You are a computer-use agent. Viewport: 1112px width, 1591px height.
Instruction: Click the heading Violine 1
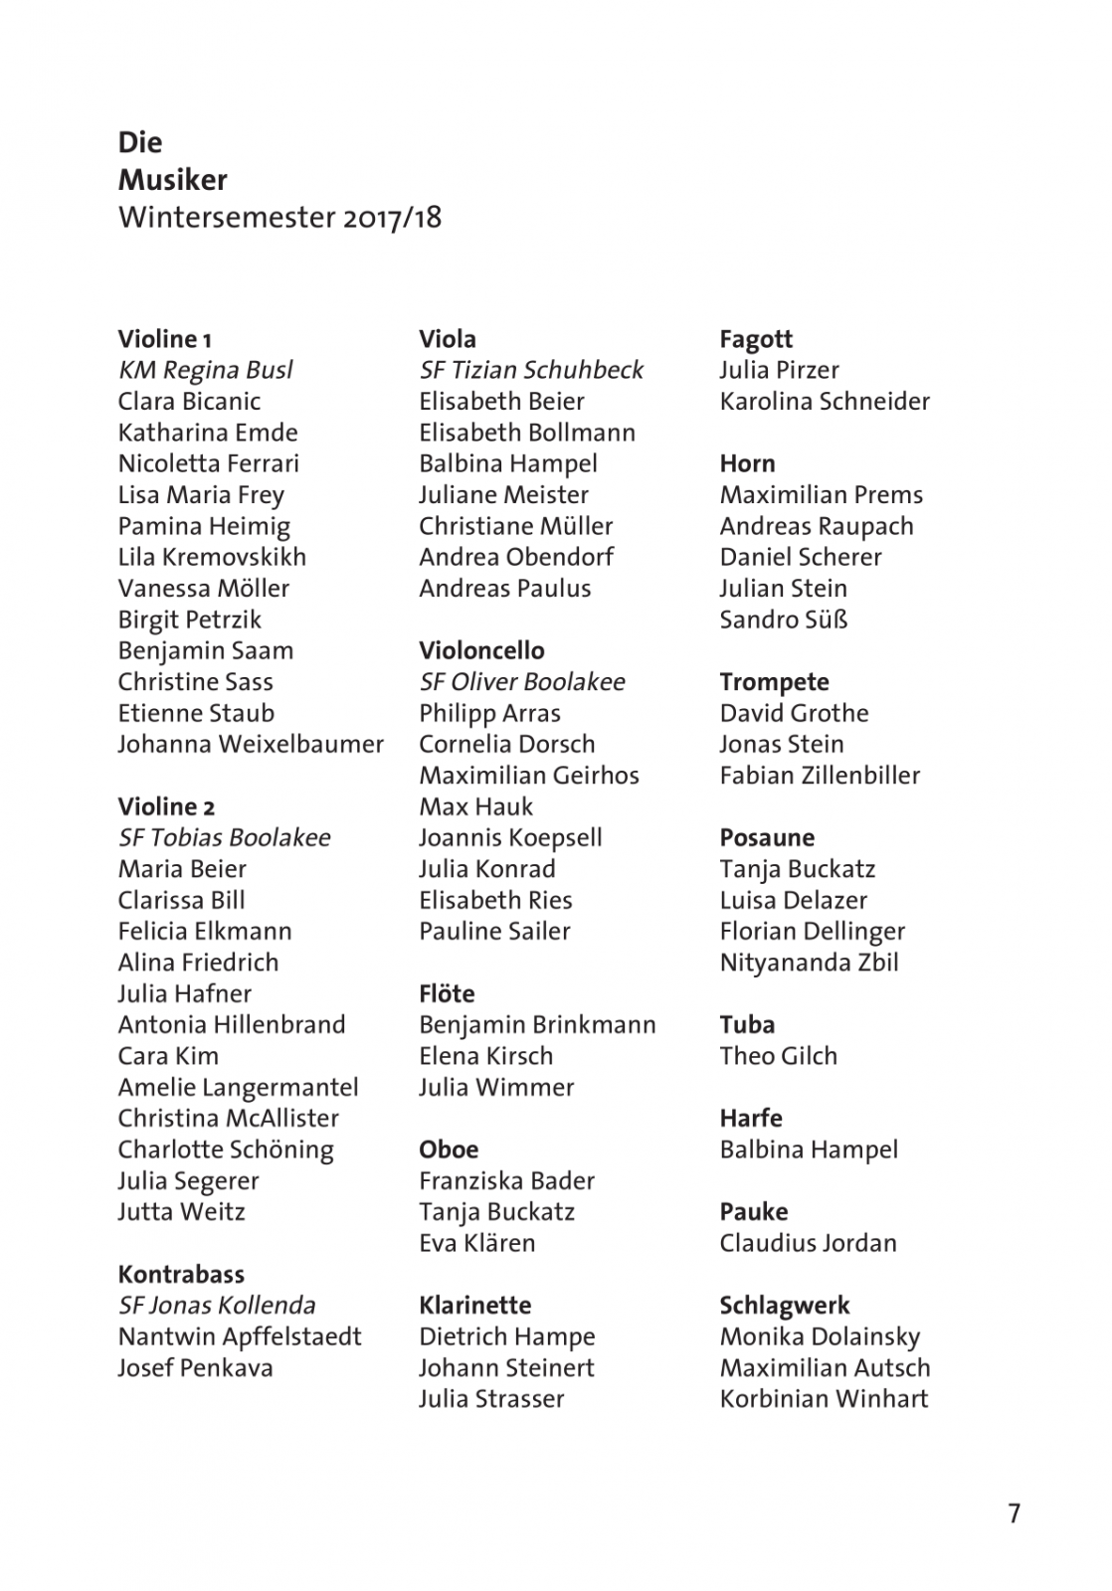pos(164,339)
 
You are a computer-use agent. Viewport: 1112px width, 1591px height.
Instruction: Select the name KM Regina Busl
pos(205,370)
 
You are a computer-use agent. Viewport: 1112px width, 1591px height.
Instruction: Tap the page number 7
pos(1014,1512)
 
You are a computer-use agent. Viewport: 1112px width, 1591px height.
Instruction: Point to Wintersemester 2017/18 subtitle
pos(279,217)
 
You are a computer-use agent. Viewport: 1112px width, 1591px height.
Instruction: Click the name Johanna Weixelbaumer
pos(251,744)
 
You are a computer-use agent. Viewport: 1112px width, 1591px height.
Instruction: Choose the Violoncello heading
pos(481,650)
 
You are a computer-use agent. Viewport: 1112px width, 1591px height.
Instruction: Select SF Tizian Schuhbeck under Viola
pos(531,370)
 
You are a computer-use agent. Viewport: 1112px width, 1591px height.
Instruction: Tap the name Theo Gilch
pos(778,1055)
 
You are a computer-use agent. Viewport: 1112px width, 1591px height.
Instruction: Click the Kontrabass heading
pos(181,1274)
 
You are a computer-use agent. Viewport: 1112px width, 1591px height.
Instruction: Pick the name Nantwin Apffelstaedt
pos(240,1335)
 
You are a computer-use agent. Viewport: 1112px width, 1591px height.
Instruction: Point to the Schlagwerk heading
pos(785,1305)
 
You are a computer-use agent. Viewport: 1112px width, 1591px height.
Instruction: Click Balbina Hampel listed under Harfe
pos(809,1149)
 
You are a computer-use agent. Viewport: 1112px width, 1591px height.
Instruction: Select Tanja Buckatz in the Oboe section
pos(496,1211)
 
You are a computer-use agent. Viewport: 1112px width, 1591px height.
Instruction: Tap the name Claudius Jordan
pos(808,1242)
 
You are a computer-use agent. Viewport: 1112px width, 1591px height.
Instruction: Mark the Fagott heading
pos(756,339)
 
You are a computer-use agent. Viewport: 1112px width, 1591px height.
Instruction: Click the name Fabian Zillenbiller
pos(820,775)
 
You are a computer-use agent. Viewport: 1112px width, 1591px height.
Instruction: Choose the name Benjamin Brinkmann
pos(537,1024)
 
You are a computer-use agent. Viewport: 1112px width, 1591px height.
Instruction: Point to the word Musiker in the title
pos(172,180)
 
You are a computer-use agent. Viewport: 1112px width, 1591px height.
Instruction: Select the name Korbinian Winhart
pos(824,1398)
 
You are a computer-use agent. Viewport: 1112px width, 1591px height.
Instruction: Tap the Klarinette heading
pos(474,1305)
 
